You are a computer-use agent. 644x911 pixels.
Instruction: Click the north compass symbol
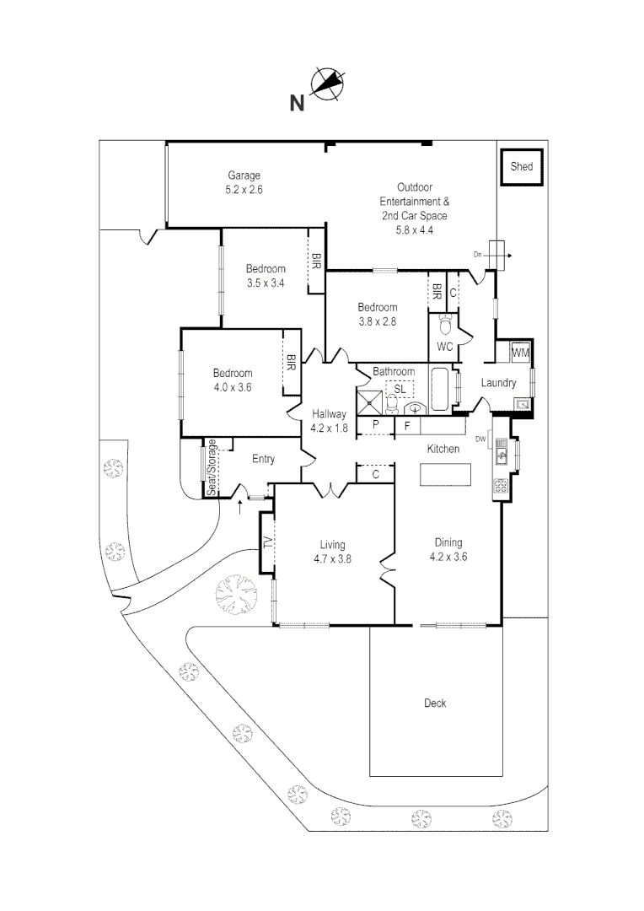pyautogui.click(x=328, y=84)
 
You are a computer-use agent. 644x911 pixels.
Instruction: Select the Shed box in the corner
pyautogui.click(x=522, y=167)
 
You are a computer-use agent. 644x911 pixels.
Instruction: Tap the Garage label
pyautogui.click(x=244, y=176)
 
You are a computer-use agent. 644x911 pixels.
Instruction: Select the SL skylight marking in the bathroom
pyautogui.click(x=400, y=389)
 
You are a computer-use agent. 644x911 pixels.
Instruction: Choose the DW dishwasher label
pyautogui.click(x=480, y=439)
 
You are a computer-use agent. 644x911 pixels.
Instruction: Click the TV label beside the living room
pyautogui.click(x=268, y=542)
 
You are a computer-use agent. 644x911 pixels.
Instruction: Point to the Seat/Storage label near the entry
pyautogui.click(x=212, y=466)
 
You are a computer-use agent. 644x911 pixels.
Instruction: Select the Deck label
pyautogui.click(x=435, y=703)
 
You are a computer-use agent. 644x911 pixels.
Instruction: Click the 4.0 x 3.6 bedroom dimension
pyautogui.click(x=232, y=387)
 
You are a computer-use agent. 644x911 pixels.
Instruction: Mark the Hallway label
pyautogui.click(x=329, y=413)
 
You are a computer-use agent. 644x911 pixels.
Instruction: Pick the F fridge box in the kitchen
pyautogui.click(x=407, y=427)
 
